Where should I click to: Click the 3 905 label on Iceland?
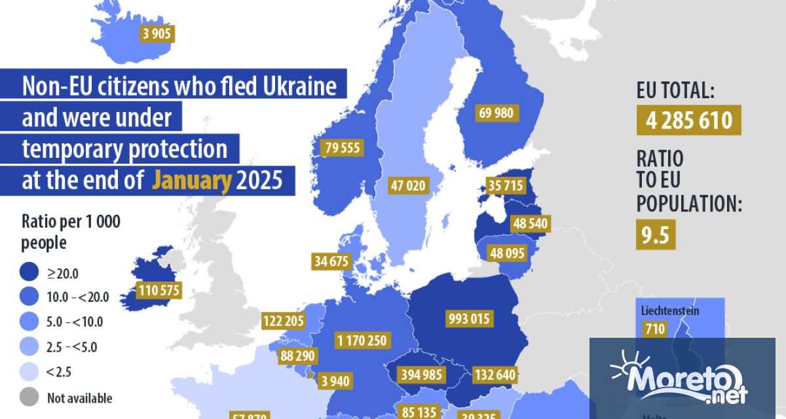[157, 33]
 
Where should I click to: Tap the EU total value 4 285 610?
[688, 120]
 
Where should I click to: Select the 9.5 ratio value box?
[656, 236]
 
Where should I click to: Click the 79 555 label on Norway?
[342, 147]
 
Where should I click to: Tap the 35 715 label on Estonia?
[505, 186]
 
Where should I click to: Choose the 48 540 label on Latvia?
[530, 223]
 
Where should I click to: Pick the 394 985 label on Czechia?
[423, 374]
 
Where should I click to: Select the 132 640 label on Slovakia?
[494, 375]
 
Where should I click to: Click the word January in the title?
[192, 180]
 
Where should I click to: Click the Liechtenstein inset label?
[669, 310]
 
